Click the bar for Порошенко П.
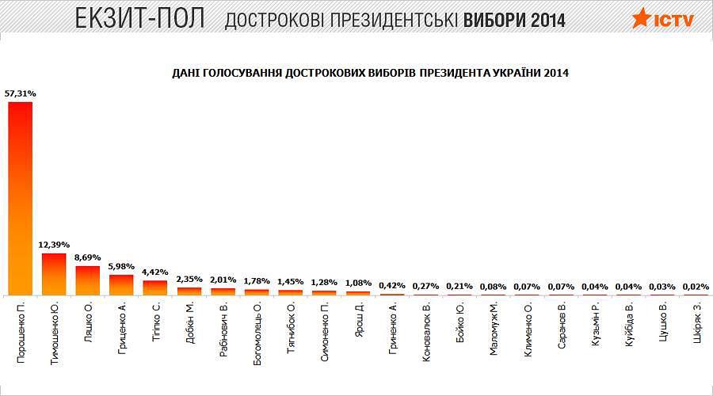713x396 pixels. coord(20,198)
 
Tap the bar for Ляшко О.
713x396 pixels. coord(87,280)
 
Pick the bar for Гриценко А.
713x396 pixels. coord(121,284)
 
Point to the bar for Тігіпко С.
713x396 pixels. coord(155,287)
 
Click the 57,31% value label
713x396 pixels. coord(20,93)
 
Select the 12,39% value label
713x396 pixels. coord(54,245)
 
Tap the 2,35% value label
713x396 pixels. coord(189,279)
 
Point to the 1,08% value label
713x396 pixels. coord(358,283)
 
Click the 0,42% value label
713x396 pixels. coord(392,285)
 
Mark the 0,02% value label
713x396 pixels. coord(696,286)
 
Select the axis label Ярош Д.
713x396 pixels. coord(358,320)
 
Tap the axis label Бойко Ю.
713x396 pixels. coord(459,321)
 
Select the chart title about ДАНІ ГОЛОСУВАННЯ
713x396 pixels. coord(370,72)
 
